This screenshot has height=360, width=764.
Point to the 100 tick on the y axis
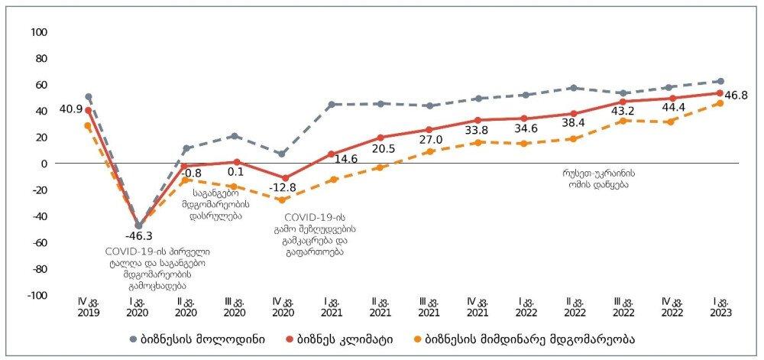[x=40, y=32]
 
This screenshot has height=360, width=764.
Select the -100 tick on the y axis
[x=38, y=295]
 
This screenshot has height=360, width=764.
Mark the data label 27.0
[x=429, y=141]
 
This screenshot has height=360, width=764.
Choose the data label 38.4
[x=574, y=122]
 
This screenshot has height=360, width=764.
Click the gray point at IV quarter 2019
[x=88, y=97]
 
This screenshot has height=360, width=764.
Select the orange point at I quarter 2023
[x=720, y=103]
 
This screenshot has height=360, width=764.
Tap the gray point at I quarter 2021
[x=332, y=104]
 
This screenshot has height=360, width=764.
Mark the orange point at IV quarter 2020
[x=283, y=200]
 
